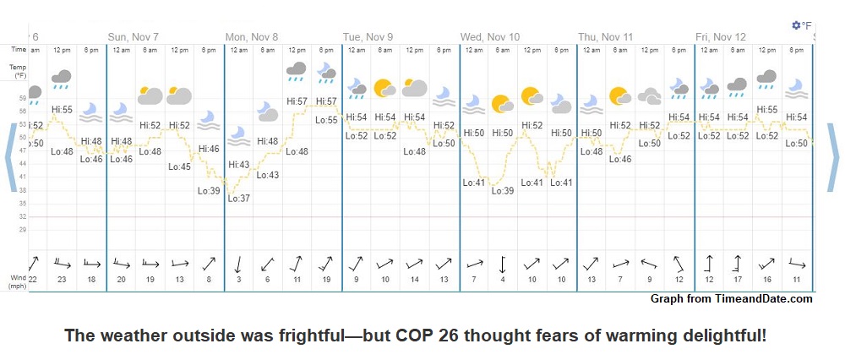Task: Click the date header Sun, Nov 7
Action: (x=134, y=37)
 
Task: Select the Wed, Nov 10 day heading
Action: (x=490, y=37)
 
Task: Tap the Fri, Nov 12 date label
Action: (x=721, y=37)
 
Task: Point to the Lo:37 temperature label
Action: (x=238, y=198)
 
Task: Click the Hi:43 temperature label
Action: (x=238, y=165)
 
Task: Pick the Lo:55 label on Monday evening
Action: (x=326, y=120)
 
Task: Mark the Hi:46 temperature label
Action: (x=209, y=149)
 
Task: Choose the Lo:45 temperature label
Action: (x=179, y=166)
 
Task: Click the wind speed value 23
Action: (x=62, y=280)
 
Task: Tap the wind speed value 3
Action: (x=238, y=280)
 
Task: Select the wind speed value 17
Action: (x=739, y=280)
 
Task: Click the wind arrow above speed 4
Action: (x=503, y=263)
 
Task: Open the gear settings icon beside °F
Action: (x=796, y=26)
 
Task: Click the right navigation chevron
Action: (x=834, y=157)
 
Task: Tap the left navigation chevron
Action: (x=11, y=157)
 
